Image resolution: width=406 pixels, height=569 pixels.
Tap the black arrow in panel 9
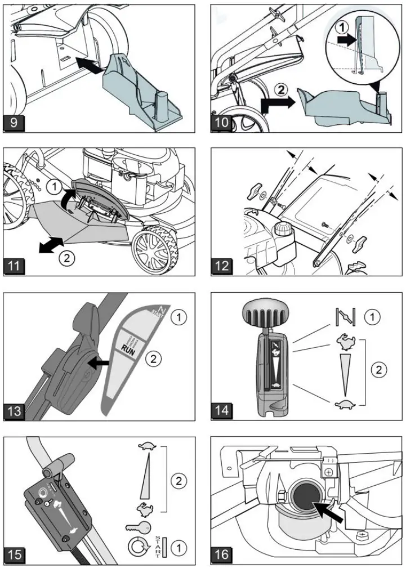click(90, 65)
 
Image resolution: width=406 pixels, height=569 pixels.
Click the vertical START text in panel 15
click(158, 546)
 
